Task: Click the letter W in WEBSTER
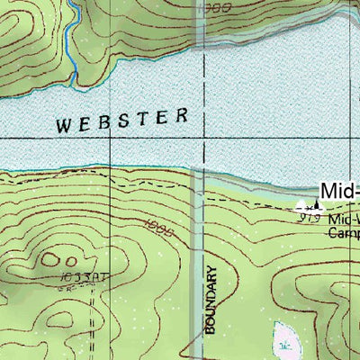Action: click(63, 126)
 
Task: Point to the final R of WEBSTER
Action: click(184, 114)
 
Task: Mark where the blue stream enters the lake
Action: click(81, 91)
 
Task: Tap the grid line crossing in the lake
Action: click(205, 139)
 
